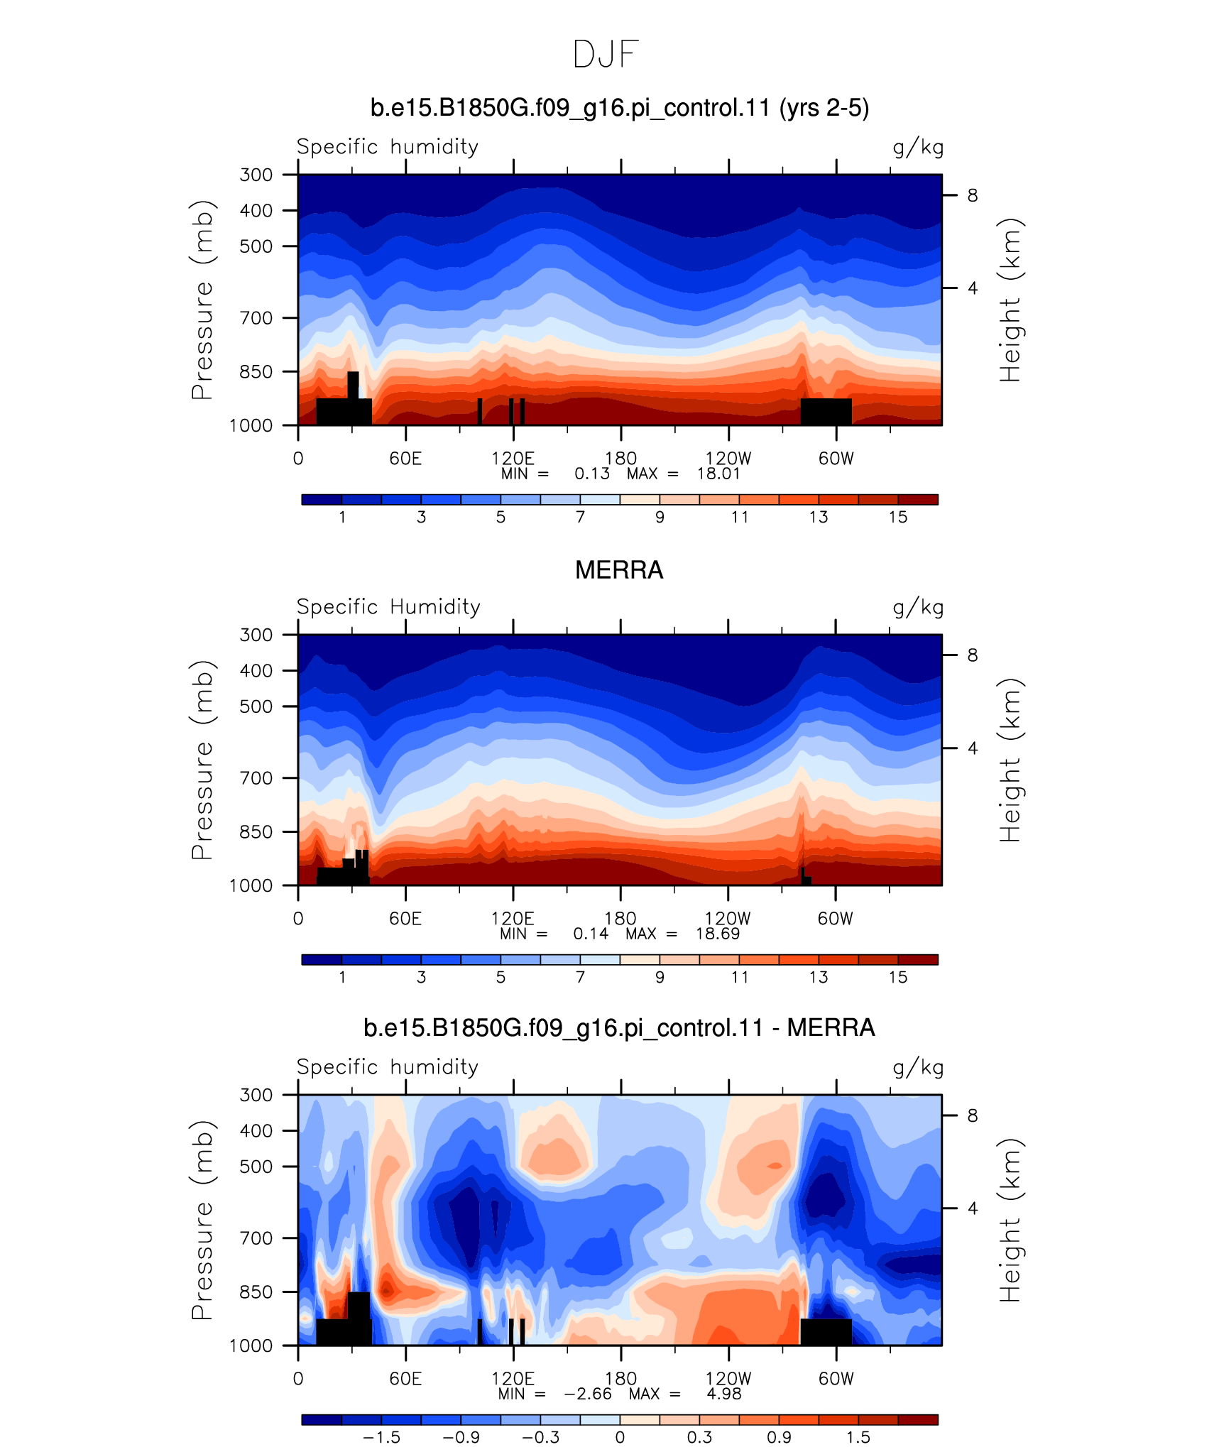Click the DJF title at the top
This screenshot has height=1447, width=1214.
coord(606,55)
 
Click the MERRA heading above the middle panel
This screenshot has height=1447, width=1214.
coord(619,570)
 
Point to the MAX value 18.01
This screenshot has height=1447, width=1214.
coord(718,474)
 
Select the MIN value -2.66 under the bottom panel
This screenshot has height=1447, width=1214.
coord(588,1394)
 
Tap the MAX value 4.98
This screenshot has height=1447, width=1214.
coord(724,1394)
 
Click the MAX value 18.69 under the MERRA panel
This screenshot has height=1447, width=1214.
coord(718,934)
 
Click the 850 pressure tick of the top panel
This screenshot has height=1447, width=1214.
coord(256,371)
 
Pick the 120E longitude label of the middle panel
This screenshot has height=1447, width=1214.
coord(513,918)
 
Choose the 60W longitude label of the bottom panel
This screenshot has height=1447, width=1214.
coord(836,1378)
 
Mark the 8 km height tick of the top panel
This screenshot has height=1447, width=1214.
coord(973,195)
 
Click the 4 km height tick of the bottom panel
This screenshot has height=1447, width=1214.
coord(973,1208)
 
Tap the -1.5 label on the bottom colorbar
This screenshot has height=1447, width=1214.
coord(381,1437)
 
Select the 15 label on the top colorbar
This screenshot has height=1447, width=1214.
coord(898,517)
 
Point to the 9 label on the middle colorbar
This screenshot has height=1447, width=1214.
coord(660,977)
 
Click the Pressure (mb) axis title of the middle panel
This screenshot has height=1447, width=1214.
coord(202,760)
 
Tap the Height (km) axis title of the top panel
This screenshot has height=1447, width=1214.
coord(1010,300)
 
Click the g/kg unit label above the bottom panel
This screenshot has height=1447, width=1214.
coord(918,1068)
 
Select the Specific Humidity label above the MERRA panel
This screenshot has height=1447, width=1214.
coord(388,606)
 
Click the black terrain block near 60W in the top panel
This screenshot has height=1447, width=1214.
coord(826,412)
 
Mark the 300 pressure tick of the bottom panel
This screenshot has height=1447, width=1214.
coord(256,1094)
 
